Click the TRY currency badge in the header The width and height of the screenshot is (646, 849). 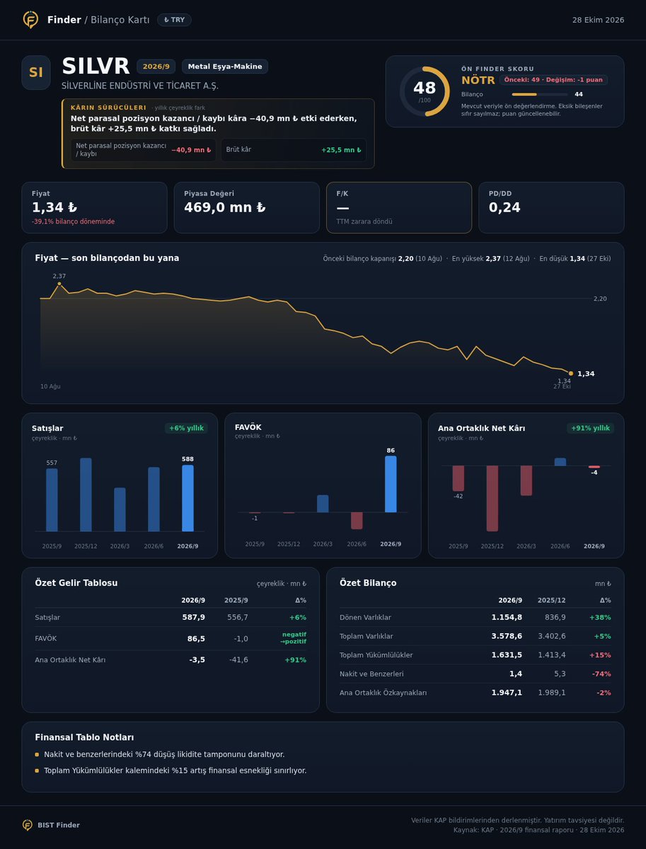pos(174,20)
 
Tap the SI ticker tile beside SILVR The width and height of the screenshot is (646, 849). pos(36,72)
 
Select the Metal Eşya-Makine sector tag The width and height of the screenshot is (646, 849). pos(225,67)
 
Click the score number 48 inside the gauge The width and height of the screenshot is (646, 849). pos(425,88)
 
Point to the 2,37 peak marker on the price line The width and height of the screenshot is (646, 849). pos(59,284)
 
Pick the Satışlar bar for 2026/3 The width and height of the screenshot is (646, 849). pos(120,509)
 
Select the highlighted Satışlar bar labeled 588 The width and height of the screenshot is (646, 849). pos(188,498)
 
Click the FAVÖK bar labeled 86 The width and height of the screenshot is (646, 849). pos(391,484)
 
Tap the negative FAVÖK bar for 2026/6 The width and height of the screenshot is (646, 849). pos(357,521)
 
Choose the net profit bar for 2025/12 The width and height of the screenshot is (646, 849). pos(492,498)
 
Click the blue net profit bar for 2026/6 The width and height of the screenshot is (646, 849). pos(560,462)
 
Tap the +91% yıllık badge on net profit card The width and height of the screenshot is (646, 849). pos(590,428)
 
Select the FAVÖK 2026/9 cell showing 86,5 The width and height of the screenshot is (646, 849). pos(196,639)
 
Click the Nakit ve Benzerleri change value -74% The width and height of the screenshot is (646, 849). pos(601,674)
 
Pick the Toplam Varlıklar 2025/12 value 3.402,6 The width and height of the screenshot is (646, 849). pos(552,636)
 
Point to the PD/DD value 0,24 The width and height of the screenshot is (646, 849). pos(504,208)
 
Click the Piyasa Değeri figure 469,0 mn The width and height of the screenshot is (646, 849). pos(225,208)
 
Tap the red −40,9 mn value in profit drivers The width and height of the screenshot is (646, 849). pos(191,150)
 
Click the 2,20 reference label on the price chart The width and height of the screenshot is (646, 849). pos(600,299)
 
